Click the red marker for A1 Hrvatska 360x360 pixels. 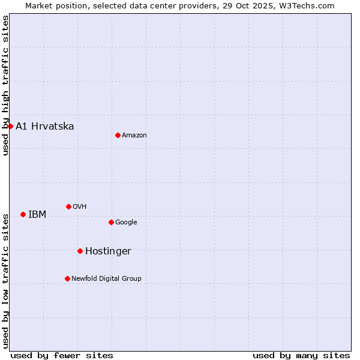coord(10,126)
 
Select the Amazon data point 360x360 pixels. coord(118,135)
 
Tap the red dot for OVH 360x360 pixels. coord(68,206)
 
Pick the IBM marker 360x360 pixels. coord(23,214)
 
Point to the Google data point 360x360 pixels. coord(111,222)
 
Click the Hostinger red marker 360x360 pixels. coord(80,251)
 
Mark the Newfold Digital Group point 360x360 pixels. coord(67,278)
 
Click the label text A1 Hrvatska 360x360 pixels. coord(45,126)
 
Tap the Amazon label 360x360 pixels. coord(134,135)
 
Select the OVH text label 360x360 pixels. coord(80,206)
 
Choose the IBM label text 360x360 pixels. coord(37,214)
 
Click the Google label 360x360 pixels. coord(126,222)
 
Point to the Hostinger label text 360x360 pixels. coord(108,251)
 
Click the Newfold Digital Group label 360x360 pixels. coord(106,278)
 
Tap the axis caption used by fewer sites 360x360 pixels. coord(62,355)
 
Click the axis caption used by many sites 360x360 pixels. coord(301,355)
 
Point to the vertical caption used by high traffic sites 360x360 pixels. coord(5,85)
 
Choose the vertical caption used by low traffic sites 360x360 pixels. coord(5,281)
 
